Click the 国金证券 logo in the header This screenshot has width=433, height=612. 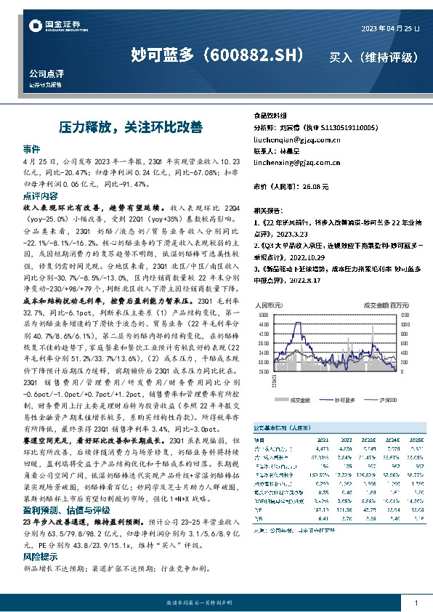(x=49, y=28)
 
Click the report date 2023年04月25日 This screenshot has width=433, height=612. (x=390, y=28)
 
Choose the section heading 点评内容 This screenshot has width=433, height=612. (x=40, y=196)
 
